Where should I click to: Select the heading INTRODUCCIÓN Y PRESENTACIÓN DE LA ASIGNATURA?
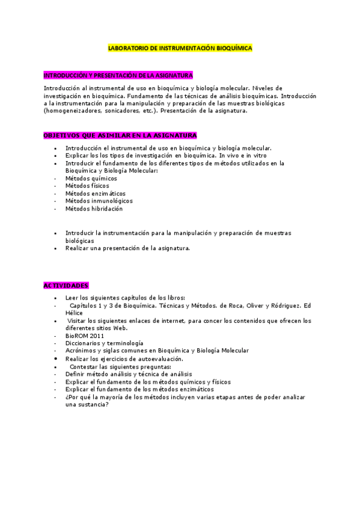(x=118, y=75)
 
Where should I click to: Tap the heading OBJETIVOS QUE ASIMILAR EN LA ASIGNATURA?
(x=120, y=135)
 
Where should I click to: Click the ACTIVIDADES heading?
(x=66, y=285)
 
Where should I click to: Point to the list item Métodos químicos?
(x=91, y=178)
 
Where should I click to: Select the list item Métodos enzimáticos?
(x=95, y=194)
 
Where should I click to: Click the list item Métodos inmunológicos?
(x=99, y=201)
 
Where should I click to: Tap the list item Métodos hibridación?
(x=94, y=209)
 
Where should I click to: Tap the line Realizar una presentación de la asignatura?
(x=127, y=248)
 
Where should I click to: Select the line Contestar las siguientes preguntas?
(x=120, y=366)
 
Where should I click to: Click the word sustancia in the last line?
(x=94, y=405)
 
